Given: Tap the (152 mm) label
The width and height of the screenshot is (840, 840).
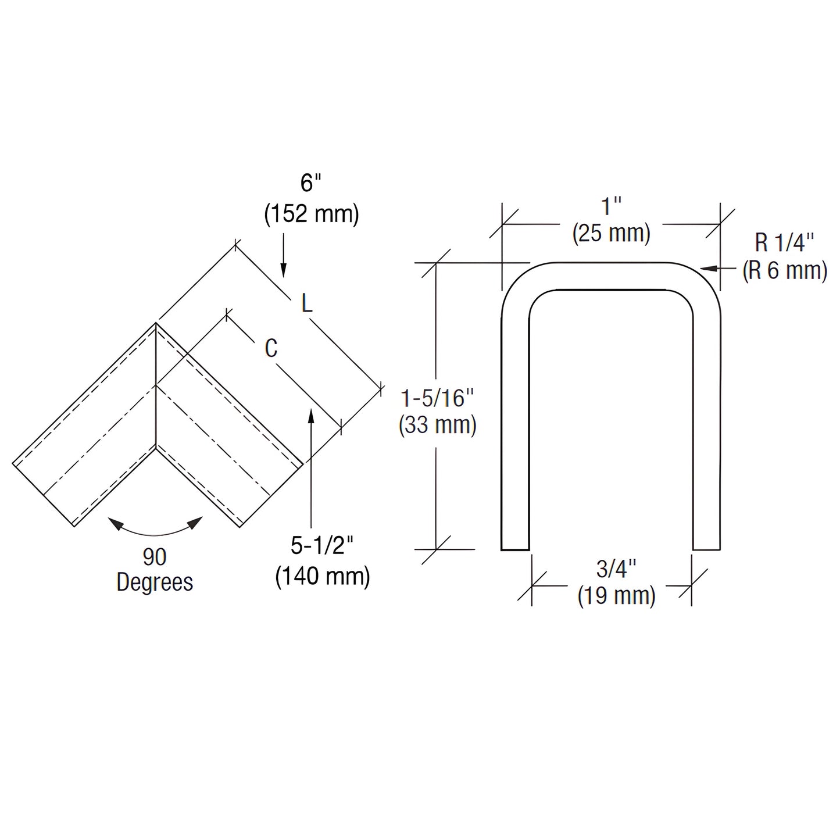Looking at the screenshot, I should [312, 214].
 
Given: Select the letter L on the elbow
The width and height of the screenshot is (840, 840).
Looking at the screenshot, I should [307, 303].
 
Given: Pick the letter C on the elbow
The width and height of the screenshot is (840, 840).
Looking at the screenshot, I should [271, 348].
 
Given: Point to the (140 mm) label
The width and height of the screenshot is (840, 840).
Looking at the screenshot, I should [323, 577].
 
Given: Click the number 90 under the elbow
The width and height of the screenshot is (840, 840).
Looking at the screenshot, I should [155, 557].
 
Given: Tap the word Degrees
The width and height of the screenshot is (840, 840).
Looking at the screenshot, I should [155, 582].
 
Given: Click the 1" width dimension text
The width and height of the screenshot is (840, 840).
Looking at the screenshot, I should [611, 206].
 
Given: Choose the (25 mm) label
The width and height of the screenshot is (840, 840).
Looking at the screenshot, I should [611, 234].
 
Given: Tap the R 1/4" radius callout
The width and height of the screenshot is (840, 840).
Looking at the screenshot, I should [784, 242].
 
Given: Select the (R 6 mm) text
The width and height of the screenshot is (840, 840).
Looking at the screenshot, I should [785, 270].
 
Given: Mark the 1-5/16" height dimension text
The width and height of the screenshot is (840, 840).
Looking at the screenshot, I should [438, 398].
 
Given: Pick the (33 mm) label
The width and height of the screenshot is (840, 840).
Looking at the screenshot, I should [438, 425].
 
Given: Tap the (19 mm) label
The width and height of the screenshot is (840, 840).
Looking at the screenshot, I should [616, 596].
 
